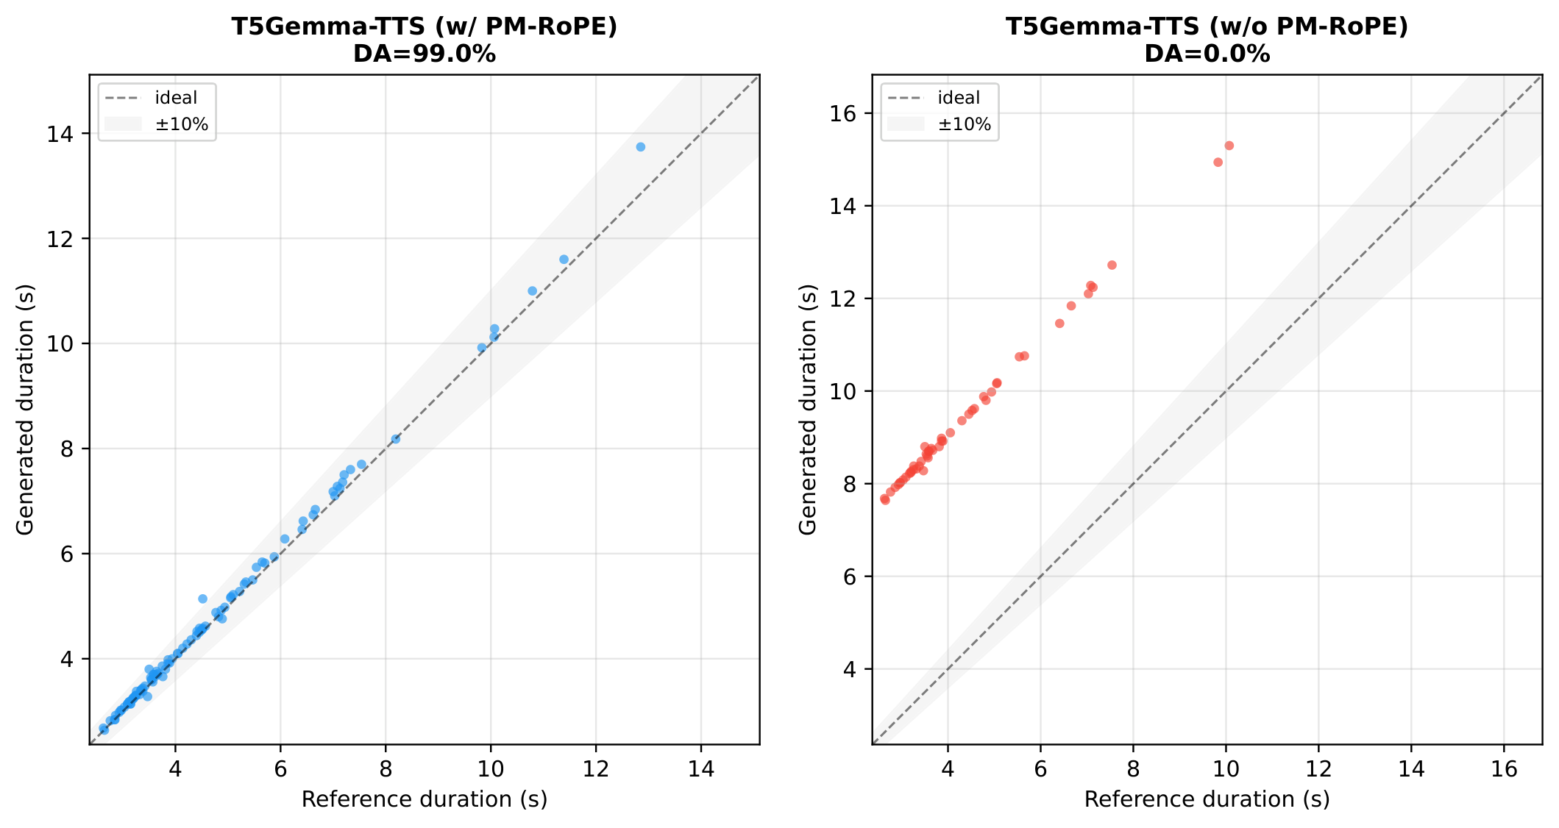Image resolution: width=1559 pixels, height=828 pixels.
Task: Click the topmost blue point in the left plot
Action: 640,147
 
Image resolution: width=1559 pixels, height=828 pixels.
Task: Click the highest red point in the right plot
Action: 1229,146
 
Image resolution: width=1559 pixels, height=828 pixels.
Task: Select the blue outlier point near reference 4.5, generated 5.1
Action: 203,599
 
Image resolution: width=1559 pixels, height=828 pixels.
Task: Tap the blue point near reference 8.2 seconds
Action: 396,439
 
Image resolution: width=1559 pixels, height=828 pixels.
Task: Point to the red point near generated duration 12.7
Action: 1112,265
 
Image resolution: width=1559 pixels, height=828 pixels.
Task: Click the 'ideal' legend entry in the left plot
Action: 176,98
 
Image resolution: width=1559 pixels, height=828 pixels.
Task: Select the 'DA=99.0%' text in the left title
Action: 425,54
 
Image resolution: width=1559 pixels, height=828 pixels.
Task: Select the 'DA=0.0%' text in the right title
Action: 1207,54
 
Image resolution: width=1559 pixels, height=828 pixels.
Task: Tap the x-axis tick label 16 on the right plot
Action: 1504,769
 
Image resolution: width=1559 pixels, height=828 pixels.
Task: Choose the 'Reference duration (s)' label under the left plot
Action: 425,799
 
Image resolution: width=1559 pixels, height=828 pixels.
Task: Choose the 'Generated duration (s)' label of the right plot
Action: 808,410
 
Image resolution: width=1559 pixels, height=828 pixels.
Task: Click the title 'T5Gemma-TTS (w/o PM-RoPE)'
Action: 1207,26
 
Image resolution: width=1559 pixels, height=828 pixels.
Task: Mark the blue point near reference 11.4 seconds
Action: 564,260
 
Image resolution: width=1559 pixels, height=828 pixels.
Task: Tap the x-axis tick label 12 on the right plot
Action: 1318,769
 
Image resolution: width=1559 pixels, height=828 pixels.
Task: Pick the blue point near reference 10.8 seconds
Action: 533,291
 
